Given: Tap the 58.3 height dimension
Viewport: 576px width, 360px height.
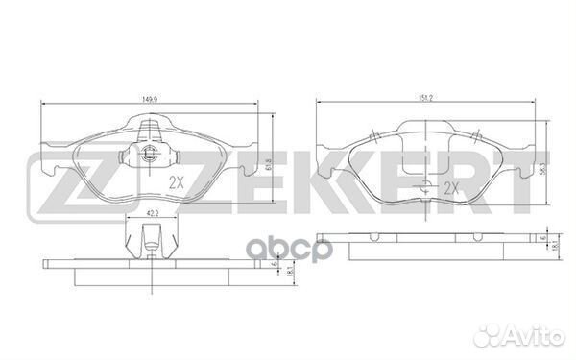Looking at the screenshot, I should click(x=544, y=164).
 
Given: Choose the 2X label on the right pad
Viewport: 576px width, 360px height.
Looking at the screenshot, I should click(x=451, y=189).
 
